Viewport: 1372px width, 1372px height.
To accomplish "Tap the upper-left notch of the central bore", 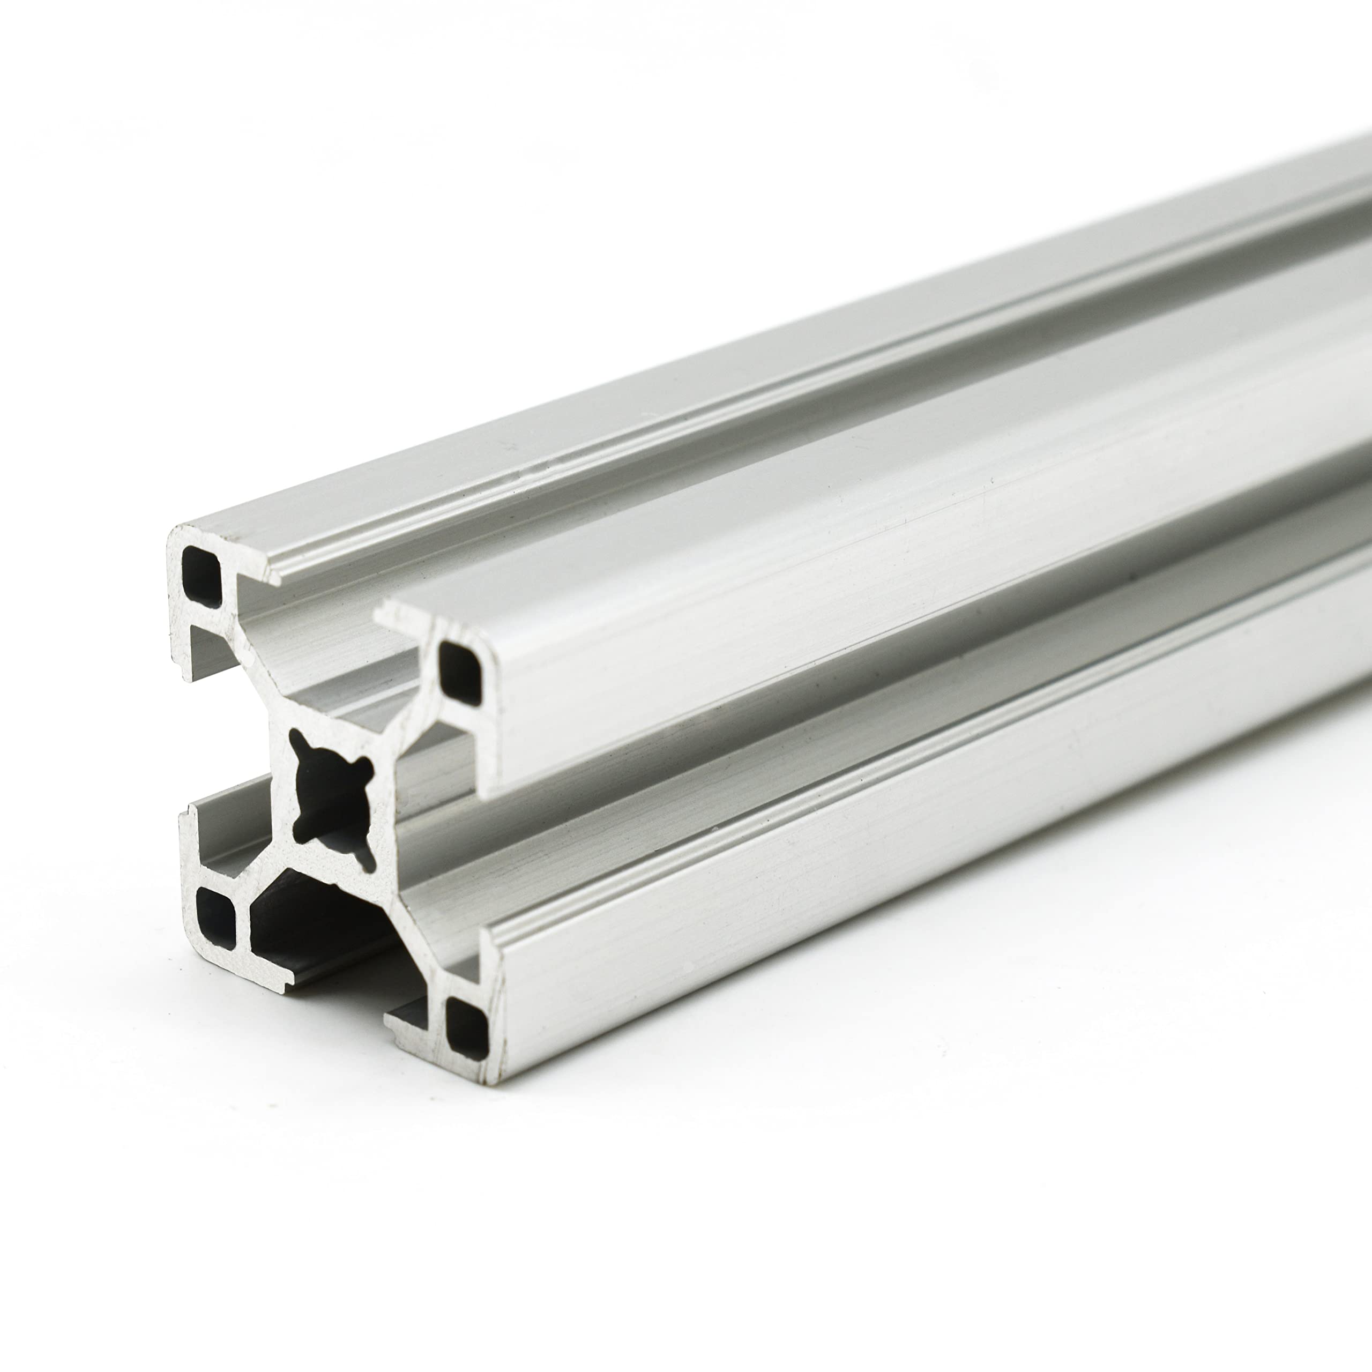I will point(299,745).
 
